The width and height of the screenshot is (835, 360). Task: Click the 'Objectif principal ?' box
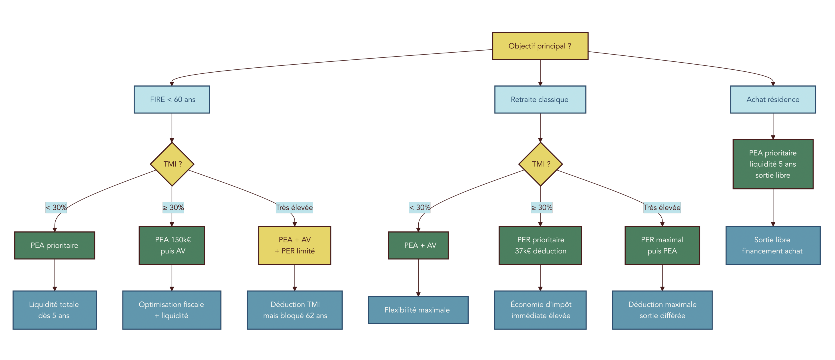coord(540,46)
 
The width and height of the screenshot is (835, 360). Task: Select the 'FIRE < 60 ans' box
coord(172,99)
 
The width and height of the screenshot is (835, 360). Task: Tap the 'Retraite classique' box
coord(540,99)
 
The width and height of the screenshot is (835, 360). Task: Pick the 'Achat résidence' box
coord(773,99)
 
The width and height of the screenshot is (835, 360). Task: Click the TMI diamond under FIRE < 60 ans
coord(172,164)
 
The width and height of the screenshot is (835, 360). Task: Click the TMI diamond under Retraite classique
coord(540,164)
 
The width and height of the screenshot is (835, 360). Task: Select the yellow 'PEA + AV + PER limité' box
coord(294,245)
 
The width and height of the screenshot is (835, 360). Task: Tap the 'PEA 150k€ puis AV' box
coord(172,245)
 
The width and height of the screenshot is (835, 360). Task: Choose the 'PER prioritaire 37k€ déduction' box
coord(540,245)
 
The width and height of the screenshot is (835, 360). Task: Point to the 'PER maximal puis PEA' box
coord(662,245)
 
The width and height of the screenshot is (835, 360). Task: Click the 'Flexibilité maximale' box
coord(418,310)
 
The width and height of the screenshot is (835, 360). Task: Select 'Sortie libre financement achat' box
coord(773,245)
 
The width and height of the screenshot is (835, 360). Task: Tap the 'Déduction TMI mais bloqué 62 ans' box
coord(294,310)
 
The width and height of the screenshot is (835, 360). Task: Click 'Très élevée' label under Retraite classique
coord(662,207)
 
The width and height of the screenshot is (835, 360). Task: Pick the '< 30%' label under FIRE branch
coord(56,207)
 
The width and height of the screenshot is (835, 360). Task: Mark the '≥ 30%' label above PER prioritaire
coord(541,207)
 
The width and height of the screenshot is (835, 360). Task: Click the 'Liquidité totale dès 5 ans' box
coord(55,310)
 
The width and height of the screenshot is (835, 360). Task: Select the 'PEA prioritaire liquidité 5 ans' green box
coord(773,164)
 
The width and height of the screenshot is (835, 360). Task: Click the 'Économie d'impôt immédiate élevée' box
coord(540,310)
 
